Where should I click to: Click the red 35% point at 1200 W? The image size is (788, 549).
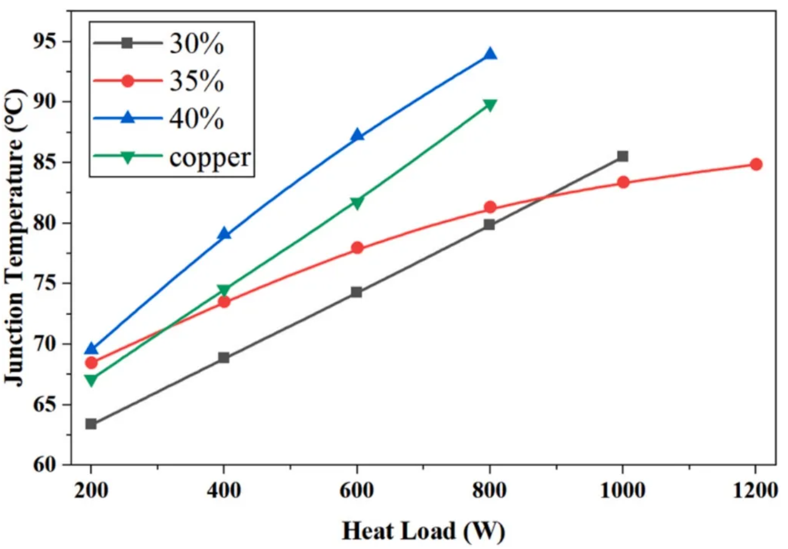click(x=756, y=165)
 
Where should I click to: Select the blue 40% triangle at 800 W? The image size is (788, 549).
click(x=490, y=55)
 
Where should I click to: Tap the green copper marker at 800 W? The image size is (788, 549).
click(x=490, y=105)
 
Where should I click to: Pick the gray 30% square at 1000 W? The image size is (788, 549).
click(x=622, y=156)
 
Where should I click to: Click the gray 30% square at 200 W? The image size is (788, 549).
click(x=91, y=424)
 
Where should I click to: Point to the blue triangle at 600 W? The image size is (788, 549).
click(x=357, y=136)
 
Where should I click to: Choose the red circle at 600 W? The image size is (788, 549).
click(x=357, y=248)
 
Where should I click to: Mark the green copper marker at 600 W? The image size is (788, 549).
click(x=357, y=203)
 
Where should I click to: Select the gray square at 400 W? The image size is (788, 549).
click(x=224, y=358)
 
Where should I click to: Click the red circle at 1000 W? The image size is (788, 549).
click(x=623, y=182)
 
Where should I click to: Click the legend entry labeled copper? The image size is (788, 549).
click(x=210, y=158)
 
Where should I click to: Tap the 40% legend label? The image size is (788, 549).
click(x=196, y=119)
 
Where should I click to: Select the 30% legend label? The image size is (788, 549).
click(x=196, y=44)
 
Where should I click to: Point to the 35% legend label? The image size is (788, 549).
click(x=196, y=81)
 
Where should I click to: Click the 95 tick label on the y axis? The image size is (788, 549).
click(x=44, y=41)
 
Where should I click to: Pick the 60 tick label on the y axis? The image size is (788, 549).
click(x=44, y=464)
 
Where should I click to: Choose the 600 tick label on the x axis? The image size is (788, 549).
click(x=357, y=490)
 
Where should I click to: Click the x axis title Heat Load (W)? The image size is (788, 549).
click(x=423, y=531)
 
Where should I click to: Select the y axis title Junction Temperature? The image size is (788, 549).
click(x=16, y=236)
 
